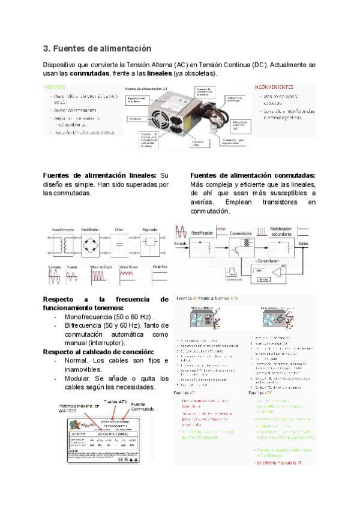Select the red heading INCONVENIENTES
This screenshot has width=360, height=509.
pyautogui.click(x=274, y=86)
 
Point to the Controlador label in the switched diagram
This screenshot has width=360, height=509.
pyautogui.click(x=263, y=262)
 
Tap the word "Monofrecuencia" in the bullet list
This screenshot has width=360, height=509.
pyautogui.click(x=92, y=317)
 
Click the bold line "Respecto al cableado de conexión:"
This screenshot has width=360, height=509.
pyautogui.click(x=98, y=352)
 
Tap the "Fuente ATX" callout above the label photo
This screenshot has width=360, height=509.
pyautogui.click(x=115, y=401)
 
